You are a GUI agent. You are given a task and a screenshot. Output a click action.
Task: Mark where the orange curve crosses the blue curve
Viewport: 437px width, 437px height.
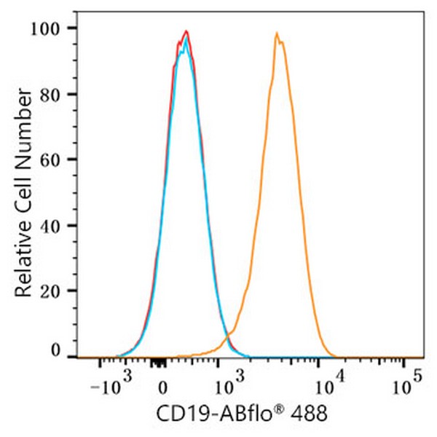(x=230, y=334)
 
